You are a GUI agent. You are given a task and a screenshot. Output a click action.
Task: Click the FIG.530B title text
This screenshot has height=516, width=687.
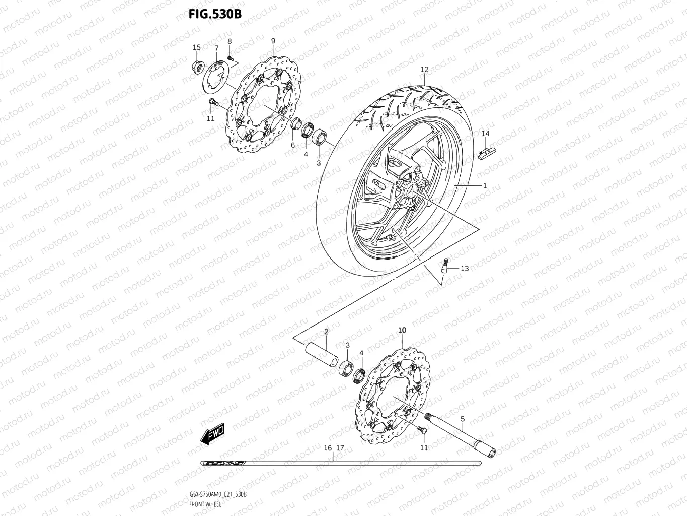pos(215,14)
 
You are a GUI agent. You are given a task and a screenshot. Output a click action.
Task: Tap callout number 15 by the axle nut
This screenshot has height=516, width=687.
pos(196,47)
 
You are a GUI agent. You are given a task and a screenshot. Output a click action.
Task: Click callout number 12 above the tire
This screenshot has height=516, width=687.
pos(424,70)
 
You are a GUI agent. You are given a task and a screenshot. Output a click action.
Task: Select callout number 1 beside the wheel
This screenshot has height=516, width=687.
pos(485,185)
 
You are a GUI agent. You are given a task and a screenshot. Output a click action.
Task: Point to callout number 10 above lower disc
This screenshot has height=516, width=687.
pos(402,330)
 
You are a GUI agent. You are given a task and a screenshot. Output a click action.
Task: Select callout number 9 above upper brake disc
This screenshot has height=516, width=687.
pos(273,41)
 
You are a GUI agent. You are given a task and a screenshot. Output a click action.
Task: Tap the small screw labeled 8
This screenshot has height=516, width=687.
pos(231,58)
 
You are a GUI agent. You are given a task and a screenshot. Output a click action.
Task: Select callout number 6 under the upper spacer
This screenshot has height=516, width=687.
pos(292,145)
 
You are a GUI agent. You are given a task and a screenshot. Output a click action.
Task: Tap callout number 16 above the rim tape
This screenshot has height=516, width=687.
pos(328,447)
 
